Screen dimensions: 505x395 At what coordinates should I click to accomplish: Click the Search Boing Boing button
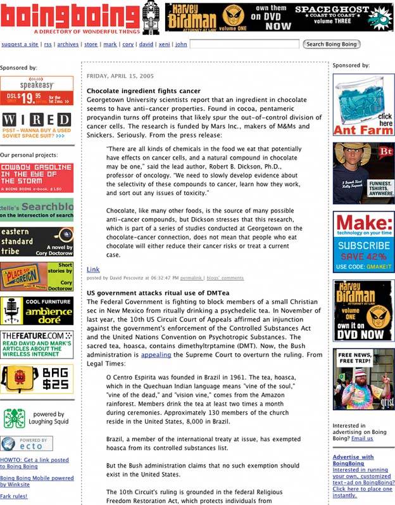tap(332, 44)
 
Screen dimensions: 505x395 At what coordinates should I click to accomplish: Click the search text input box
tap(244, 44)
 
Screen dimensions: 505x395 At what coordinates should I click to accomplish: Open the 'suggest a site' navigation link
tap(20, 44)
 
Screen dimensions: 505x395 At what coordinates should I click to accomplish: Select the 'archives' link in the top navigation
tap(68, 44)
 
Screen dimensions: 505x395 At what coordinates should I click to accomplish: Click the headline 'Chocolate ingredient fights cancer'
tap(143, 91)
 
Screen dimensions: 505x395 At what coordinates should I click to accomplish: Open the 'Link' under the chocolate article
tap(93, 269)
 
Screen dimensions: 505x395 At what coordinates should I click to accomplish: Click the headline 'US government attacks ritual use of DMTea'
tap(158, 294)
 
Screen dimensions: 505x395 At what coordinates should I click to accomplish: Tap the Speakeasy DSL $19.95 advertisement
tap(37, 91)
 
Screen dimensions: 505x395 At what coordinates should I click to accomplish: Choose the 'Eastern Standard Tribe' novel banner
tap(37, 241)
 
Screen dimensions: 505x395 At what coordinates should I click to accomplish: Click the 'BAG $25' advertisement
tap(37, 379)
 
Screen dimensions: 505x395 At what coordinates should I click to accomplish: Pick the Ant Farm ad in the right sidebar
tap(363, 105)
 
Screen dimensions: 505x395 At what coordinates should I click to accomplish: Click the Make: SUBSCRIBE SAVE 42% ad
tap(363, 242)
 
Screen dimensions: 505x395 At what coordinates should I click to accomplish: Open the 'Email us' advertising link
tap(363, 438)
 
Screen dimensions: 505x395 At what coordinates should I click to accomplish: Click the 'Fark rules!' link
tap(14, 496)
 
